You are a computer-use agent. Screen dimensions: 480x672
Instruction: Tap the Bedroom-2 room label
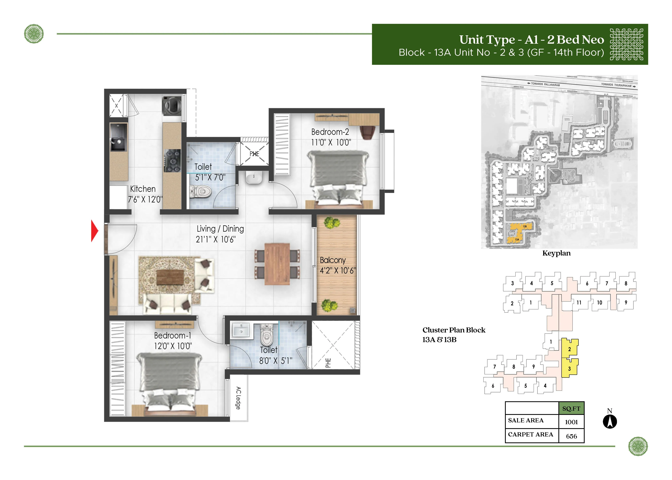[x=330, y=132]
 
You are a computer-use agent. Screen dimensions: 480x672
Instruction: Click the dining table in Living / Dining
[x=277, y=264]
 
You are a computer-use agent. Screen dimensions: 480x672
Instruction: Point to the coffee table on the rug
[x=170, y=277]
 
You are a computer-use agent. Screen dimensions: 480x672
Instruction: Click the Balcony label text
[x=333, y=260]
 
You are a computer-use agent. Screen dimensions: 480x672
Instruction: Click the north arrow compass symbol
[x=610, y=421]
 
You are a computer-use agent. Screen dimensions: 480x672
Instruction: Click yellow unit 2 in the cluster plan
[x=569, y=349]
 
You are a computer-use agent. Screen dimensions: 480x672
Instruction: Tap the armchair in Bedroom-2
[x=367, y=132]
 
